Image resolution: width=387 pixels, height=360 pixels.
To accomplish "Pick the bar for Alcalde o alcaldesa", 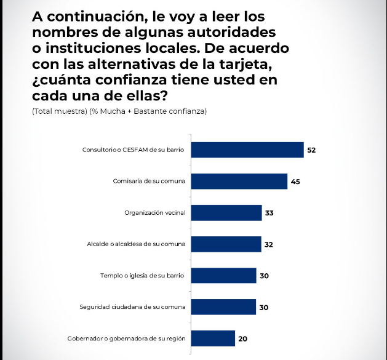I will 226,244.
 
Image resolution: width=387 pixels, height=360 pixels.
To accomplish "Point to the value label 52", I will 311,150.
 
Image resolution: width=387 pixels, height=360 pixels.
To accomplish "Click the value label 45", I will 295,182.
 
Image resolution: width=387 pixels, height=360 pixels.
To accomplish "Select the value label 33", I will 269,214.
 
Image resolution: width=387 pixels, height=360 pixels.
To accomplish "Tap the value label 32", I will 268,245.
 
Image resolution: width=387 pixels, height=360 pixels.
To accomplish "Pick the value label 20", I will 242,339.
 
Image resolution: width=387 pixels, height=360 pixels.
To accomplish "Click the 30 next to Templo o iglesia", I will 264,276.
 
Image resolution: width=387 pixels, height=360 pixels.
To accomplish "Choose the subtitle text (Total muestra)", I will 57,111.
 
